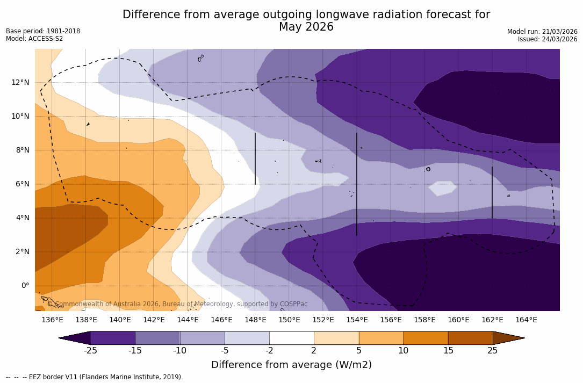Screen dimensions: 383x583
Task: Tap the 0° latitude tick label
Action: (25, 285)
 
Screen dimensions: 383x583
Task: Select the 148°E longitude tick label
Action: (255, 320)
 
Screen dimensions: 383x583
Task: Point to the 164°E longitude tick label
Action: (526, 320)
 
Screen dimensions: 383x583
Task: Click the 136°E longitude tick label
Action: (52, 320)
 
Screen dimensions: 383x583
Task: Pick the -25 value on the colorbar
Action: (90, 351)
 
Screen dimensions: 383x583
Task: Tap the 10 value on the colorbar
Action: (403, 351)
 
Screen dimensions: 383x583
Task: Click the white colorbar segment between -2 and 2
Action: (291, 338)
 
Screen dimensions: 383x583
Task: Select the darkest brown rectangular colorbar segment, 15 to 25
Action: (470, 338)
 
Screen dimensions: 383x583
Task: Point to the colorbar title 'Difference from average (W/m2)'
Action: (291, 365)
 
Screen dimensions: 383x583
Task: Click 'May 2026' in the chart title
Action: (306, 27)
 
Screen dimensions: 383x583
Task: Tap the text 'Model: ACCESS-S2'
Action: (34, 39)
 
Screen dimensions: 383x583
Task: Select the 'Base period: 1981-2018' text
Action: (43, 31)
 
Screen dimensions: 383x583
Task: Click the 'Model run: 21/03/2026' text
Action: (542, 32)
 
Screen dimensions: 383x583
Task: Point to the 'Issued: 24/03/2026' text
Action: (548, 39)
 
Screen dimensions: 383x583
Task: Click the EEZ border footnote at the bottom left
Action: (95, 377)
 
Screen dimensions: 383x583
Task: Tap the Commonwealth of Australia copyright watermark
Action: (177, 304)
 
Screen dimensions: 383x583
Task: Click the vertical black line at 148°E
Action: (255, 158)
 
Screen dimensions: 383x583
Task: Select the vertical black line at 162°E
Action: (492, 192)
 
